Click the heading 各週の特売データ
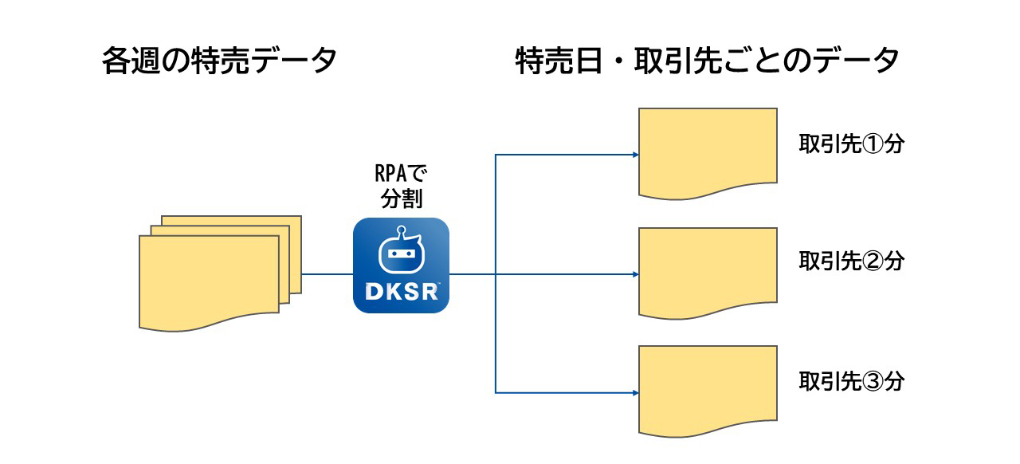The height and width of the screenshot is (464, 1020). coord(219,61)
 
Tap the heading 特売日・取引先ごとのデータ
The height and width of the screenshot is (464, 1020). coord(708,61)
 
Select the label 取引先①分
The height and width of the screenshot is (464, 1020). coord(851,145)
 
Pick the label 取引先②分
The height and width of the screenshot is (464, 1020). coord(851,261)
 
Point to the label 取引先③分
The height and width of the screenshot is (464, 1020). coord(851,381)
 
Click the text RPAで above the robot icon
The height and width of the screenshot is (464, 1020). coord(401,173)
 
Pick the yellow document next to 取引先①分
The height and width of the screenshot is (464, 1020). coord(708,151)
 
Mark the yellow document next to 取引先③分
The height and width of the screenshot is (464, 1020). coord(708,389)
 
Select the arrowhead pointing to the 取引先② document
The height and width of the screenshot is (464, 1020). coord(635,274)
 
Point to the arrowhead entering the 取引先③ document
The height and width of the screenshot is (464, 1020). coord(635,392)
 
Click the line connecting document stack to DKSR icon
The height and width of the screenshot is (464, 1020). coord(327,274)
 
